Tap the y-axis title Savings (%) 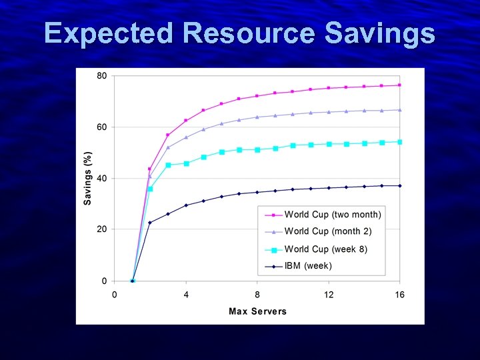pos(88,177)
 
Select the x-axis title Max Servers pos(257,311)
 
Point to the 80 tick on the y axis pos(101,75)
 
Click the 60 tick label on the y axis pos(101,127)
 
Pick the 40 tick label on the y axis pos(101,178)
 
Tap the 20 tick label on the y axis pos(101,229)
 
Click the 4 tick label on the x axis pos(186,294)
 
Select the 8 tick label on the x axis pos(257,294)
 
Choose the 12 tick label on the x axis pos(329,294)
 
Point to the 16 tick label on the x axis pos(400,294)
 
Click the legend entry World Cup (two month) pos(333,215)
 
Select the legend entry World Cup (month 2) pos(328,231)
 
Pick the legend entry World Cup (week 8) pos(326,249)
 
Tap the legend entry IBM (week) pos(308,266)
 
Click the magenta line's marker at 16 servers pos(400,85)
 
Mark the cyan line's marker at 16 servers pos(400,142)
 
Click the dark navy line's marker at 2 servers pos(150,223)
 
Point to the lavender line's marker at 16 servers pos(400,110)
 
